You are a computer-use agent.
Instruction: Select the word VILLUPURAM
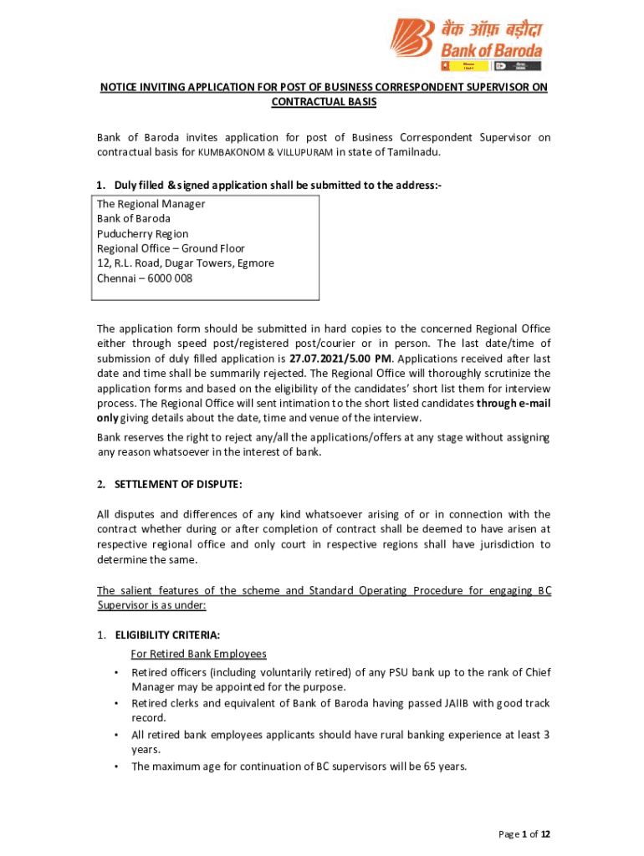pos(303,153)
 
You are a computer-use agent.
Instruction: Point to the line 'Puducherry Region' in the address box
pos(142,233)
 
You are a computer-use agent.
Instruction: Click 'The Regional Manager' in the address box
pos(151,204)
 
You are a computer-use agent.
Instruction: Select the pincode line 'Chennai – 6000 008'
pos(144,278)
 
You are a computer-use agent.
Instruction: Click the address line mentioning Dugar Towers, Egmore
pos(185,263)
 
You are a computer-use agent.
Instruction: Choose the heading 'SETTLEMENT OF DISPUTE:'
pos(178,484)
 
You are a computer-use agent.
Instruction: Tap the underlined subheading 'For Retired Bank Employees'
pos(198,654)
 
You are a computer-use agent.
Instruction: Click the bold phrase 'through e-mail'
pos(514,403)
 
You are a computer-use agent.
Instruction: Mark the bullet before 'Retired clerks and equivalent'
pos(115,704)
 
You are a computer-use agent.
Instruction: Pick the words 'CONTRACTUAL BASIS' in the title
pos(324,102)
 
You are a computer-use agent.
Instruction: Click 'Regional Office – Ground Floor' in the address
pos(171,248)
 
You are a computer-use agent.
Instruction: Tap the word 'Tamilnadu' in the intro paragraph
pos(412,153)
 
